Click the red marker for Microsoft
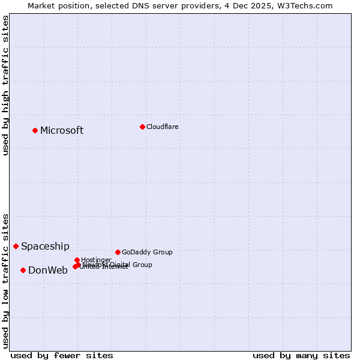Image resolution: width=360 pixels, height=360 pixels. [35, 130]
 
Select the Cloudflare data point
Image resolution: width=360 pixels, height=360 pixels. [142, 127]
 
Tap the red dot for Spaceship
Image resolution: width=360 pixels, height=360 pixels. [16, 246]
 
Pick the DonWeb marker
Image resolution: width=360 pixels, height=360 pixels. [23, 270]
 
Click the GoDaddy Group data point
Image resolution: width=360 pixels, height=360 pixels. [118, 252]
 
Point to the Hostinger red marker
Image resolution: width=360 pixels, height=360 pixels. [77, 260]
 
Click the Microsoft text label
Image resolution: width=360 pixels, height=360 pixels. [62, 130]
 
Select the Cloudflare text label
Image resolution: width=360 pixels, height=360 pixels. [163, 127]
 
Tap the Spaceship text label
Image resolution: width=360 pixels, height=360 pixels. [45, 246]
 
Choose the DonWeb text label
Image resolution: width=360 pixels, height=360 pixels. [48, 270]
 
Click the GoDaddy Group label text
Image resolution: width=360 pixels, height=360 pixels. [147, 252]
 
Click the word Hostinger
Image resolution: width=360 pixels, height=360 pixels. [97, 260]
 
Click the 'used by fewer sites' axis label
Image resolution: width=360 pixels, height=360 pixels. [62, 355]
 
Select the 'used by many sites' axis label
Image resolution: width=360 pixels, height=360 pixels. [301, 355]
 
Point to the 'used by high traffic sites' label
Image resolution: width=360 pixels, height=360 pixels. [5, 85]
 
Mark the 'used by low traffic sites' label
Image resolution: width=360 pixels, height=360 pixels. [5, 280]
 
